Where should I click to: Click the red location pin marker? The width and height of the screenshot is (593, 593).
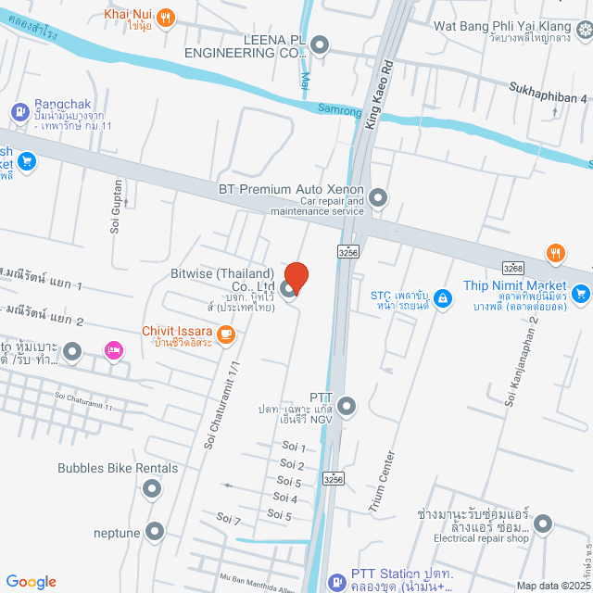pos(296,277)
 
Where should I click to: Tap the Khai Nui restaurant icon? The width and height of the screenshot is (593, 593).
pos(166,16)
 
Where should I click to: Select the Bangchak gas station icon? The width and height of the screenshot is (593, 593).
pos(19,112)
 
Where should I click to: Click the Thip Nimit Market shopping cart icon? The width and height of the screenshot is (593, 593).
pos(581,294)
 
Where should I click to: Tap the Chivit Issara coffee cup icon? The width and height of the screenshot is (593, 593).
pos(226,333)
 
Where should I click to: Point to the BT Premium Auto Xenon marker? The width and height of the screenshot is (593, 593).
pos(377,196)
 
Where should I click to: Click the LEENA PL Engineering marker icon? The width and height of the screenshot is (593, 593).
pos(320,44)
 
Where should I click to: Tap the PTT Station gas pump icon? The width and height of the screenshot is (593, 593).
pos(335,581)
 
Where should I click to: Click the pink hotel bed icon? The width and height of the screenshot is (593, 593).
pos(114,349)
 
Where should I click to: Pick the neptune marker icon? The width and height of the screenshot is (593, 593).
pos(155,532)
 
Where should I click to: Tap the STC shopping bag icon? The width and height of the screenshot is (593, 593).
pos(444,297)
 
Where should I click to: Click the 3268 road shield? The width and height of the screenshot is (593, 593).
pos(515,268)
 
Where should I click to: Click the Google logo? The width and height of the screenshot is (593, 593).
pos(31,582)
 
